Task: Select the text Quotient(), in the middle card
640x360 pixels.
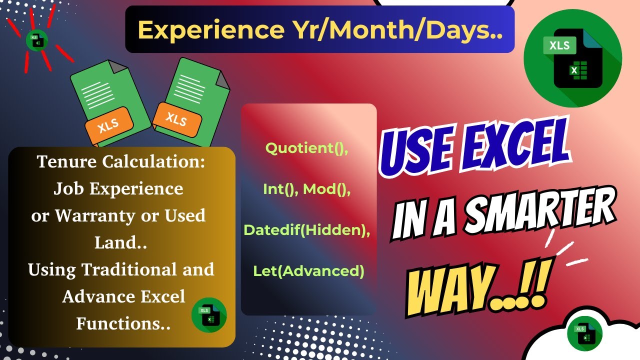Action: pos(307,148)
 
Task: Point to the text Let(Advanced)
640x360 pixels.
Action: pos(308,270)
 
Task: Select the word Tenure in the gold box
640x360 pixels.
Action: pos(65,162)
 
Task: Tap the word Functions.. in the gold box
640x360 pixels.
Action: pos(123,323)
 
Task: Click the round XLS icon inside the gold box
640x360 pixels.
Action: pos(209,314)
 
